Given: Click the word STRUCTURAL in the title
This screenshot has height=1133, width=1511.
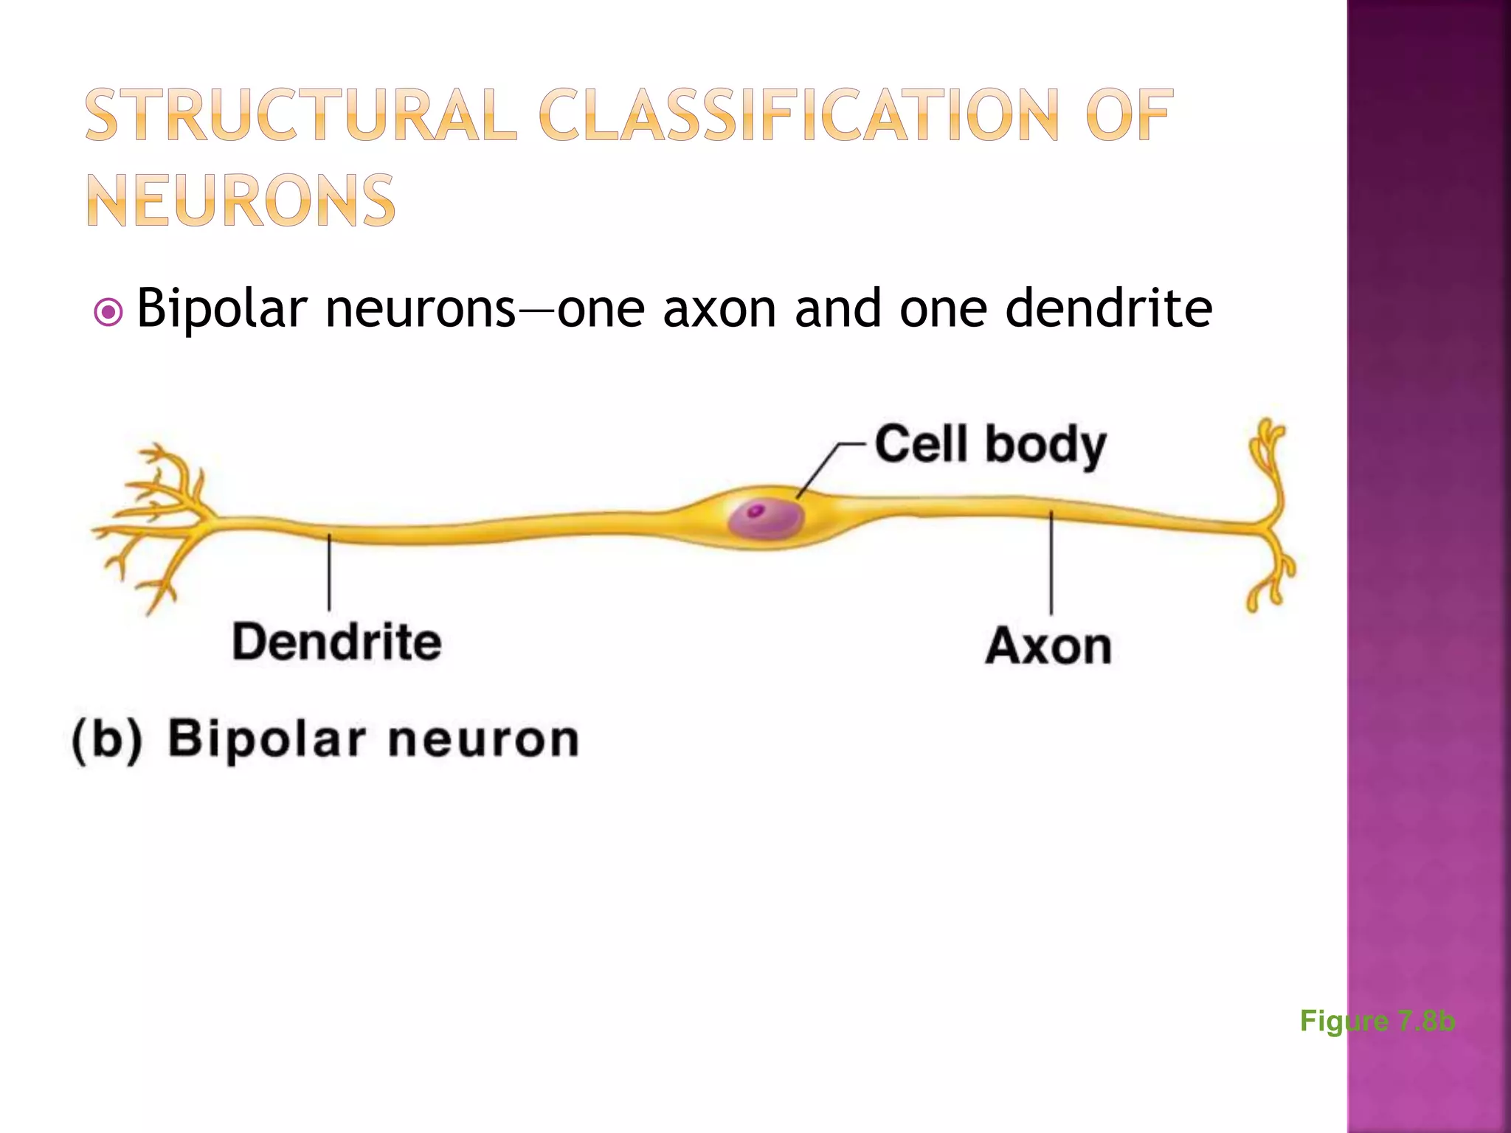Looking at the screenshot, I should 301,115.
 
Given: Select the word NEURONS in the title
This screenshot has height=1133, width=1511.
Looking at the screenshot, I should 241,201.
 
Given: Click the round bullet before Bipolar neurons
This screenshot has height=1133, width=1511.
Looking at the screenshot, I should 109,313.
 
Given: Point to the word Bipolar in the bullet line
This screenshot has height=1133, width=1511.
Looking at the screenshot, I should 221,308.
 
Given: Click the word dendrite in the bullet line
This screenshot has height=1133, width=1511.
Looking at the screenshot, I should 1109,308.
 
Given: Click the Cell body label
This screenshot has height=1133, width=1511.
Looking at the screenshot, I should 990,445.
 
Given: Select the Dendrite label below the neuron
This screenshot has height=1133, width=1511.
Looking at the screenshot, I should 336,642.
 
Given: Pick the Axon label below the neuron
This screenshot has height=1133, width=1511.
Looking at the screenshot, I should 1048,646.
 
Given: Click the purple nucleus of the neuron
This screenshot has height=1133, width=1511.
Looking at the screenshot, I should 767,518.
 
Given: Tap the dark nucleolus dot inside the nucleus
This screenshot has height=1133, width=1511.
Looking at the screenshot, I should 755,510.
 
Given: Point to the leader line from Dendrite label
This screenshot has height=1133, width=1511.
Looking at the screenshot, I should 329,572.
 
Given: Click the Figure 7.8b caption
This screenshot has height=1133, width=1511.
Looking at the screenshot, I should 1377,1021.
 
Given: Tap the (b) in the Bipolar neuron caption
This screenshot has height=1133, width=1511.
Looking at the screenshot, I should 107,739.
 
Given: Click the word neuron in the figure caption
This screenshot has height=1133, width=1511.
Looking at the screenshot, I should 483,739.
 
